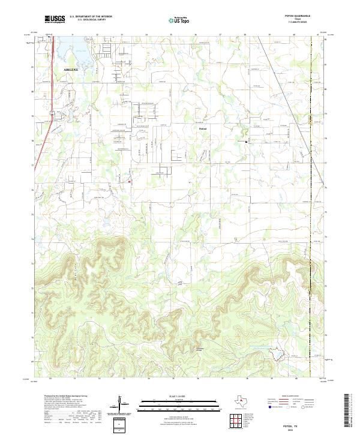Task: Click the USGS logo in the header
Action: (x=55, y=19)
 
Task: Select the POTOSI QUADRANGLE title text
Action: (x=303, y=17)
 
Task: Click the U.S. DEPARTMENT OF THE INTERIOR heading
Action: (x=91, y=17)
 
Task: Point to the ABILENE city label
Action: (x=71, y=70)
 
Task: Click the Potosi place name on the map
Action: (x=203, y=128)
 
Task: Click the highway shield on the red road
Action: (x=52, y=113)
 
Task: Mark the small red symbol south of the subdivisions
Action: (x=130, y=181)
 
